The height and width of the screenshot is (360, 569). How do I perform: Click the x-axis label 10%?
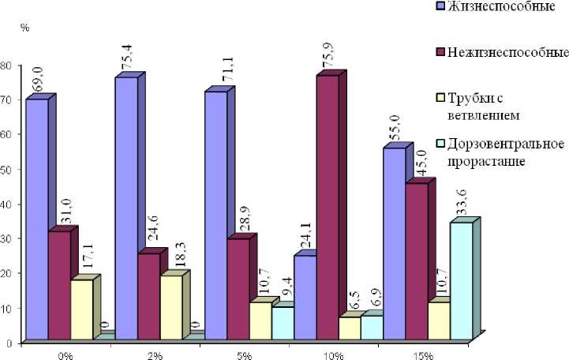click(333, 354)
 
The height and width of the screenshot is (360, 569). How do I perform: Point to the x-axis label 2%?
click(155, 354)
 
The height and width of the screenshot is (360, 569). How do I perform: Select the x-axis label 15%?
click(423, 354)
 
